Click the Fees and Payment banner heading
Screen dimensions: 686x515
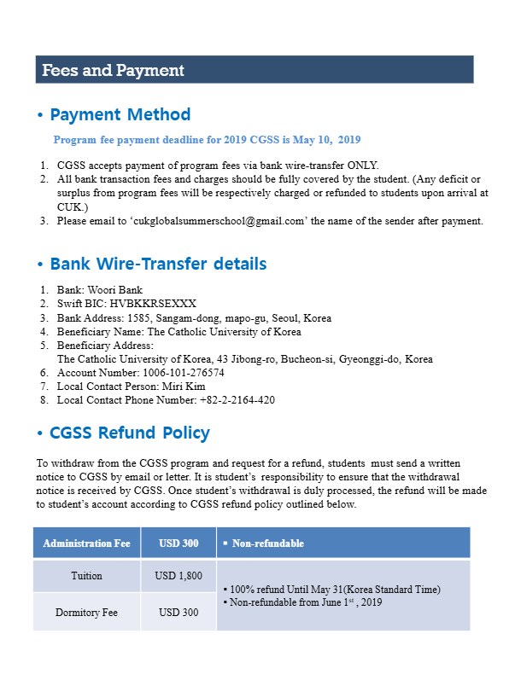(x=114, y=70)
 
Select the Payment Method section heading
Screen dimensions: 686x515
(x=120, y=114)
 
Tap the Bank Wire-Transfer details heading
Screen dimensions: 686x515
(x=158, y=264)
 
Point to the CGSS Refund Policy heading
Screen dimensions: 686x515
(x=130, y=433)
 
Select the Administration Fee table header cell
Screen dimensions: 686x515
(x=86, y=544)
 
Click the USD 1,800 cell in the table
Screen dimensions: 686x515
(x=178, y=576)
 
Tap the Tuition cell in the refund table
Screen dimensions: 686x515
(x=86, y=576)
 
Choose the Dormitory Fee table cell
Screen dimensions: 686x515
(x=86, y=612)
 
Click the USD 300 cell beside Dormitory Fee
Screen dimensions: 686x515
(x=178, y=612)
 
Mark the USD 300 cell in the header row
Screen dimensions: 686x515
(x=178, y=544)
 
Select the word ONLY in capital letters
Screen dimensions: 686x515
(x=361, y=166)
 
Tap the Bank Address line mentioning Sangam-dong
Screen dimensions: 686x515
(x=194, y=318)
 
